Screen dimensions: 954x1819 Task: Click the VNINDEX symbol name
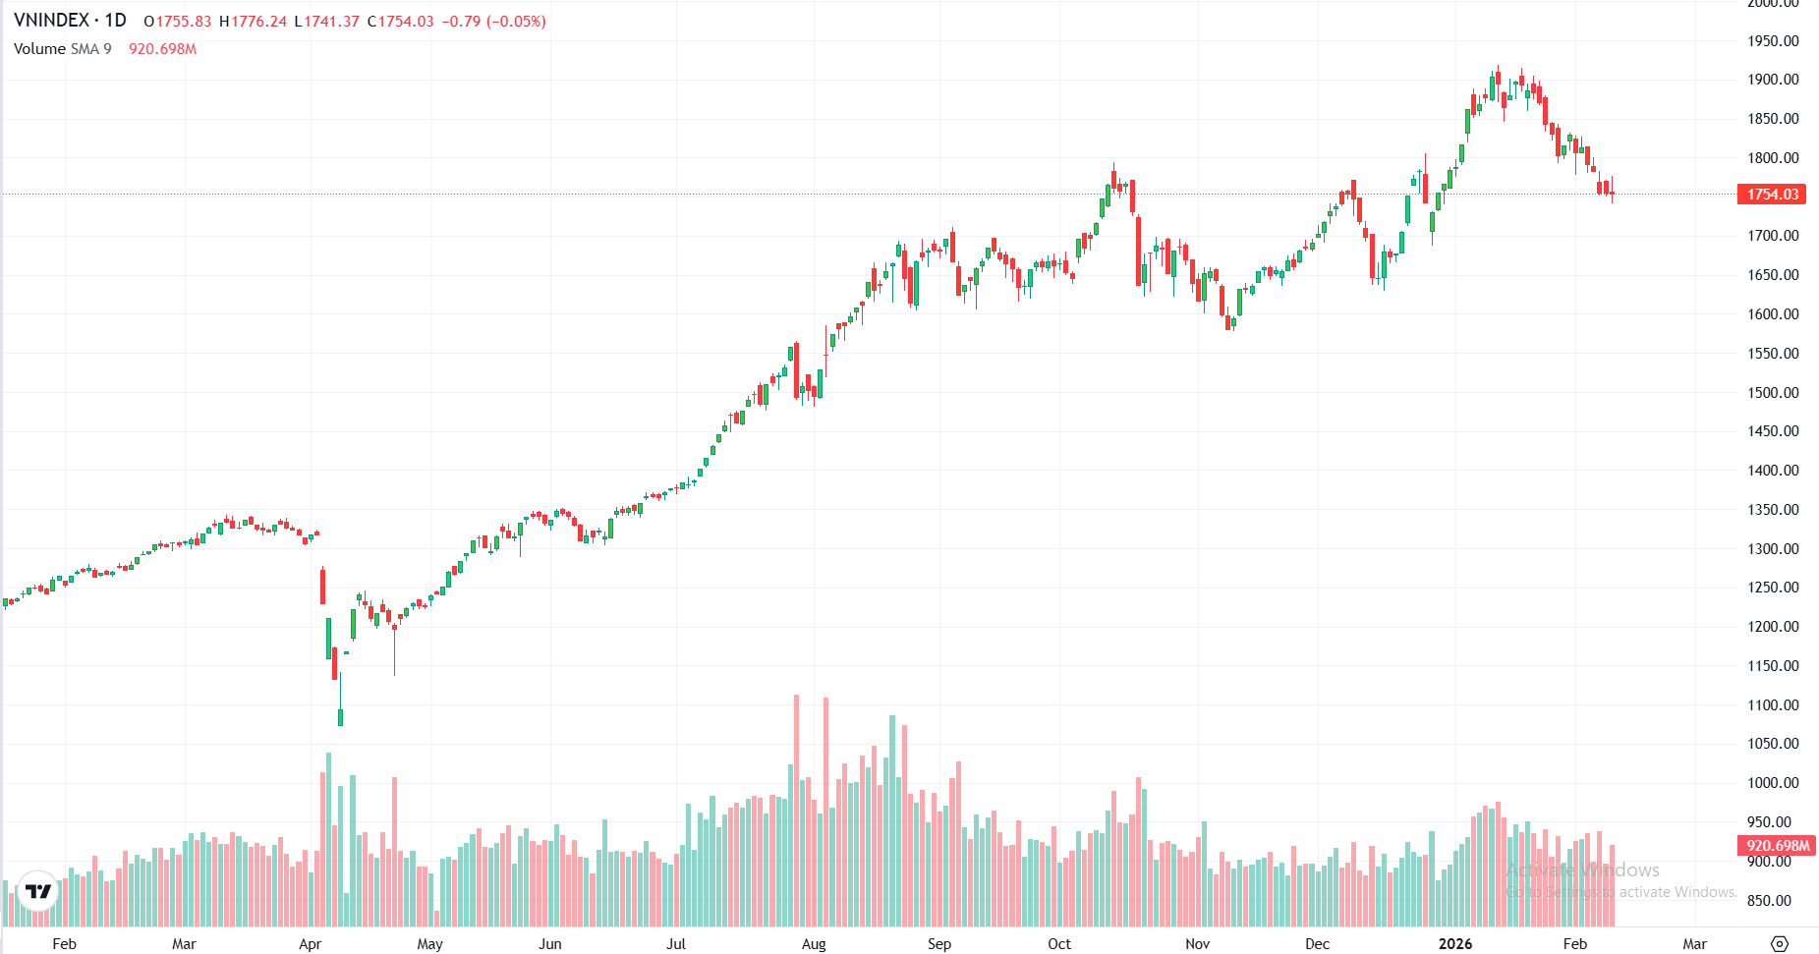pyautogui.click(x=51, y=21)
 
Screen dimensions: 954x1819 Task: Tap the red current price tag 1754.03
pyautogui.click(x=1772, y=195)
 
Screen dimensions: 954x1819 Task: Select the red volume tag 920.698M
pyautogui.click(x=1777, y=846)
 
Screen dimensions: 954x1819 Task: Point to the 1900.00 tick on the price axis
pyautogui.click(x=1773, y=80)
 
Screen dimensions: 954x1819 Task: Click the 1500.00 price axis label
pyautogui.click(x=1773, y=393)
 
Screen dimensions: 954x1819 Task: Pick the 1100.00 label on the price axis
pyautogui.click(x=1773, y=705)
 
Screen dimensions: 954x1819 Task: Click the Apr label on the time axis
pyautogui.click(x=310, y=944)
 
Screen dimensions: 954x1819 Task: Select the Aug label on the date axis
pyautogui.click(x=814, y=944)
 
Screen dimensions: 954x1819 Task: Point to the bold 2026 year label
pyautogui.click(x=1454, y=944)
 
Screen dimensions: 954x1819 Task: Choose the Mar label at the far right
pyautogui.click(x=1694, y=944)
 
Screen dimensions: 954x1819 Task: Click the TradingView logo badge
pyautogui.click(x=38, y=891)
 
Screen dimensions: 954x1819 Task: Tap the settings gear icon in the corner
pyautogui.click(x=1779, y=944)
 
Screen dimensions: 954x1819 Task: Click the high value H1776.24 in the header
pyautogui.click(x=253, y=22)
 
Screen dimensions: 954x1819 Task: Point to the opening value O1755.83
pyautogui.click(x=177, y=22)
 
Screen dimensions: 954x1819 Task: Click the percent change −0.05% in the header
pyautogui.click(x=516, y=22)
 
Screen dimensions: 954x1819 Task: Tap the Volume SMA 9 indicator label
pyautogui.click(x=63, y=49)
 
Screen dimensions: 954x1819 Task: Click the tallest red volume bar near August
pyautogui.click(x=796, y=811)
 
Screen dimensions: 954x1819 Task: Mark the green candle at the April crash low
pyautogui.click(x=340, y=715)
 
